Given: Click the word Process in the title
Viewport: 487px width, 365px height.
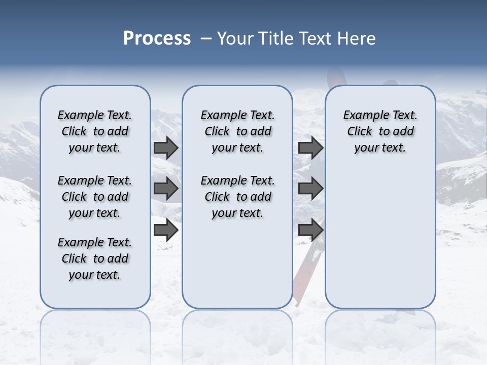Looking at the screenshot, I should tap(157, 39).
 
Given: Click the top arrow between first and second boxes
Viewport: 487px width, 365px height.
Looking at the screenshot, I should tap(166, 148).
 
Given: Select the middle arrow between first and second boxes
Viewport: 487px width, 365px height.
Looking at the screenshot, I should tap(166, 189).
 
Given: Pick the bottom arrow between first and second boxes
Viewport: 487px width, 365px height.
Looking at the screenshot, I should tap(166, 230).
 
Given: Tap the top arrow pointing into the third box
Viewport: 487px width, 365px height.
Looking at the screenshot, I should tap(310, 148).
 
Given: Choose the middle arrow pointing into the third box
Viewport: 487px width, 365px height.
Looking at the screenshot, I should tap(310, 189).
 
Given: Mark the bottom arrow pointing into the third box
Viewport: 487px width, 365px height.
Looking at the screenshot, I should tap(310, 230).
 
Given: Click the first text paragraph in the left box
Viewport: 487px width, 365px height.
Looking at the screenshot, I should tap(95, 131).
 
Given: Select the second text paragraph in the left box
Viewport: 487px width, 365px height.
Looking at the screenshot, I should tap(95, 197).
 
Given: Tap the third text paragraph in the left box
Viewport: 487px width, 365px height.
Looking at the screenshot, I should tap(95, 259).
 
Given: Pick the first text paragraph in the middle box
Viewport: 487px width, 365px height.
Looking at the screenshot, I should tap(237, 131).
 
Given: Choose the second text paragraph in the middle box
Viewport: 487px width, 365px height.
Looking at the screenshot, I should tap(237, 197).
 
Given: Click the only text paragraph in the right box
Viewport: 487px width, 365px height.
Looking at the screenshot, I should tap(380, 131).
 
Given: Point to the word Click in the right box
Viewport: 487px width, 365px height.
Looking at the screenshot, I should tap(360, 132).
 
